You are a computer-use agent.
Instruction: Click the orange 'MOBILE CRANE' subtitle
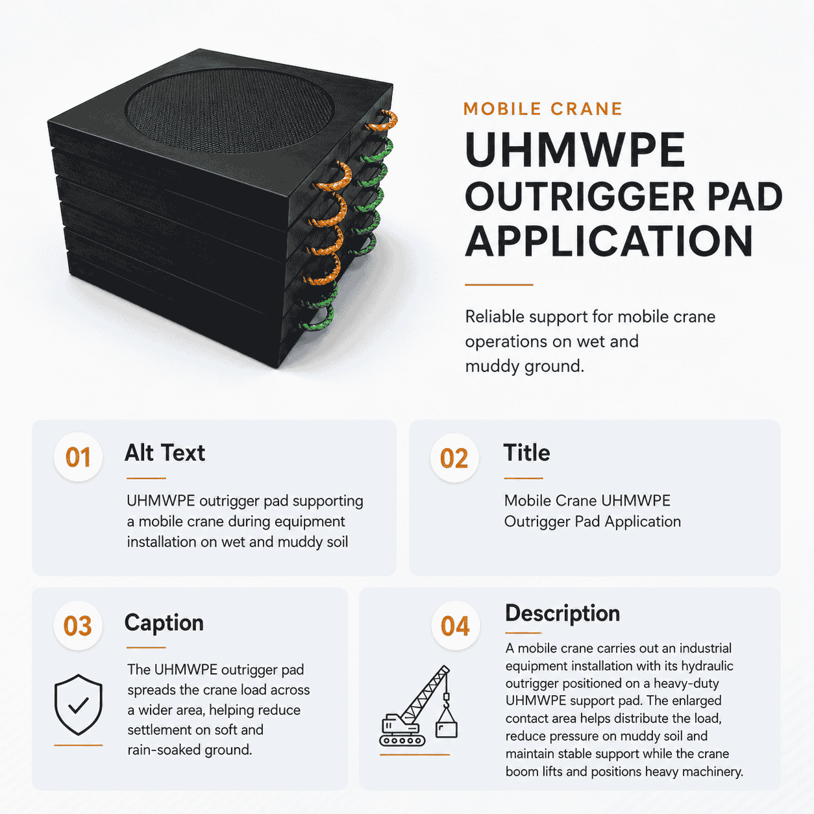click(543, 109)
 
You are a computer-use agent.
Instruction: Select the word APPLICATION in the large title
click(609, 241)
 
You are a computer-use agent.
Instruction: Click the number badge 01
click(78, 457)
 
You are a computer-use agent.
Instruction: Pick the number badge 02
click(454, 458)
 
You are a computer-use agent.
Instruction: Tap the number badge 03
click(78, 626)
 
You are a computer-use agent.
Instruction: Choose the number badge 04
click(456, 626)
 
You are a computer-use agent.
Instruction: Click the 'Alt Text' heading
click(165, 453)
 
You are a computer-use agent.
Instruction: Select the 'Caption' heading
click(164, 623)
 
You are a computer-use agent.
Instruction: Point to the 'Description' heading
click(563, 613)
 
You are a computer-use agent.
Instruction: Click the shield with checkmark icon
click(79, 704)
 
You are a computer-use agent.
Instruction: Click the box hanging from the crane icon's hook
click(447, 728)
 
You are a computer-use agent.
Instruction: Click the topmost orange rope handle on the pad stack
click(383, 121)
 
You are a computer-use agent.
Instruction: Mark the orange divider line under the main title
click(499, 285)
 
